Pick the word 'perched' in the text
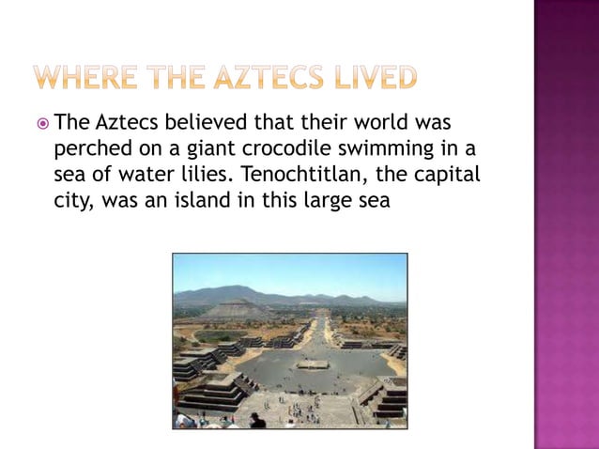click(x=90, y=149)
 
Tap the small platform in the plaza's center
click(x=313, y=364)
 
